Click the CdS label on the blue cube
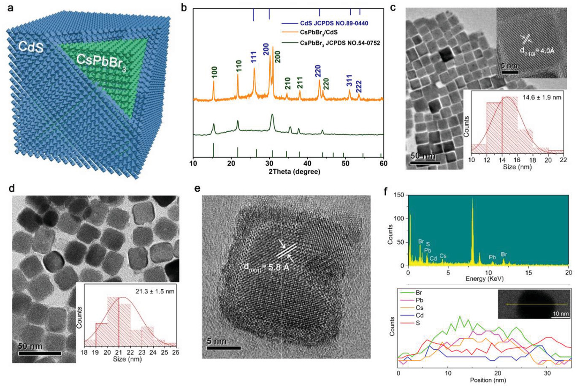click(x=31, y=46)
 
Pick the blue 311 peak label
click(x=349, y=81)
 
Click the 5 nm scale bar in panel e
click(x=223, y=348)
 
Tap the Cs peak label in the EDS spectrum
click(x=442, y=256)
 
